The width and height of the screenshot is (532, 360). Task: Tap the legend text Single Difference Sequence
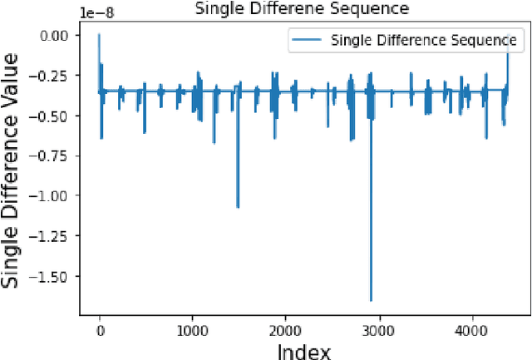423,40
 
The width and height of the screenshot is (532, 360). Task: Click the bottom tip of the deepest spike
371,300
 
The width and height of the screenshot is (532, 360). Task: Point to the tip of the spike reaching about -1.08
238,207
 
